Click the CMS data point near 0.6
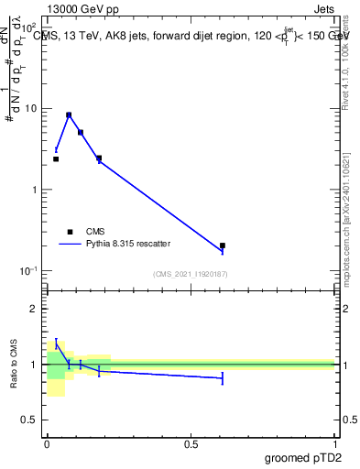(223, 245)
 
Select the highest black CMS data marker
(69, 115)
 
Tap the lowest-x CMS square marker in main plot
(56, 159)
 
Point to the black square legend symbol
(70, 232)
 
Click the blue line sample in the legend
(70, 244)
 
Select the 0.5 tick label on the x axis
(191, 444)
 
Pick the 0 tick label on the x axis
(47, 444)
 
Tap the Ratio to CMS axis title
(14, 364)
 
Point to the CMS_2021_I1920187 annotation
(191, 274)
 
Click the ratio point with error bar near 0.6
(223, 377)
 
